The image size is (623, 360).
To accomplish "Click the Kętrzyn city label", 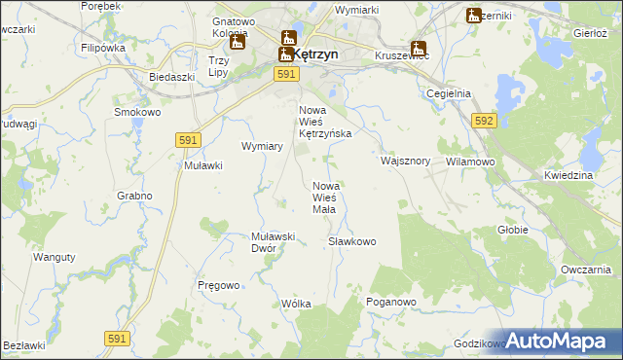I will (315, 54).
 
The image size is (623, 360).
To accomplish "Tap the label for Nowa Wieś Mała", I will (324, 197).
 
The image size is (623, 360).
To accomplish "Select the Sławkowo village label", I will (351, 241).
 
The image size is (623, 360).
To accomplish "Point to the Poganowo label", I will (391, 303).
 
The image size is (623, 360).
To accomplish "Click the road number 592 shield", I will (485, 120).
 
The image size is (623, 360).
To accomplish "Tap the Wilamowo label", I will (471, 162).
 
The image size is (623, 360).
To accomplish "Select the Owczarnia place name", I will (585, 270).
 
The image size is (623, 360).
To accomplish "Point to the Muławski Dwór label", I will (273, 241).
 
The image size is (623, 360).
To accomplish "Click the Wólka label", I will (296, 304).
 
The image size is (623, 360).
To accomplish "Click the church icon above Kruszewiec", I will (419, 47).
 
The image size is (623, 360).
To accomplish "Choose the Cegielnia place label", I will (449, 93).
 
